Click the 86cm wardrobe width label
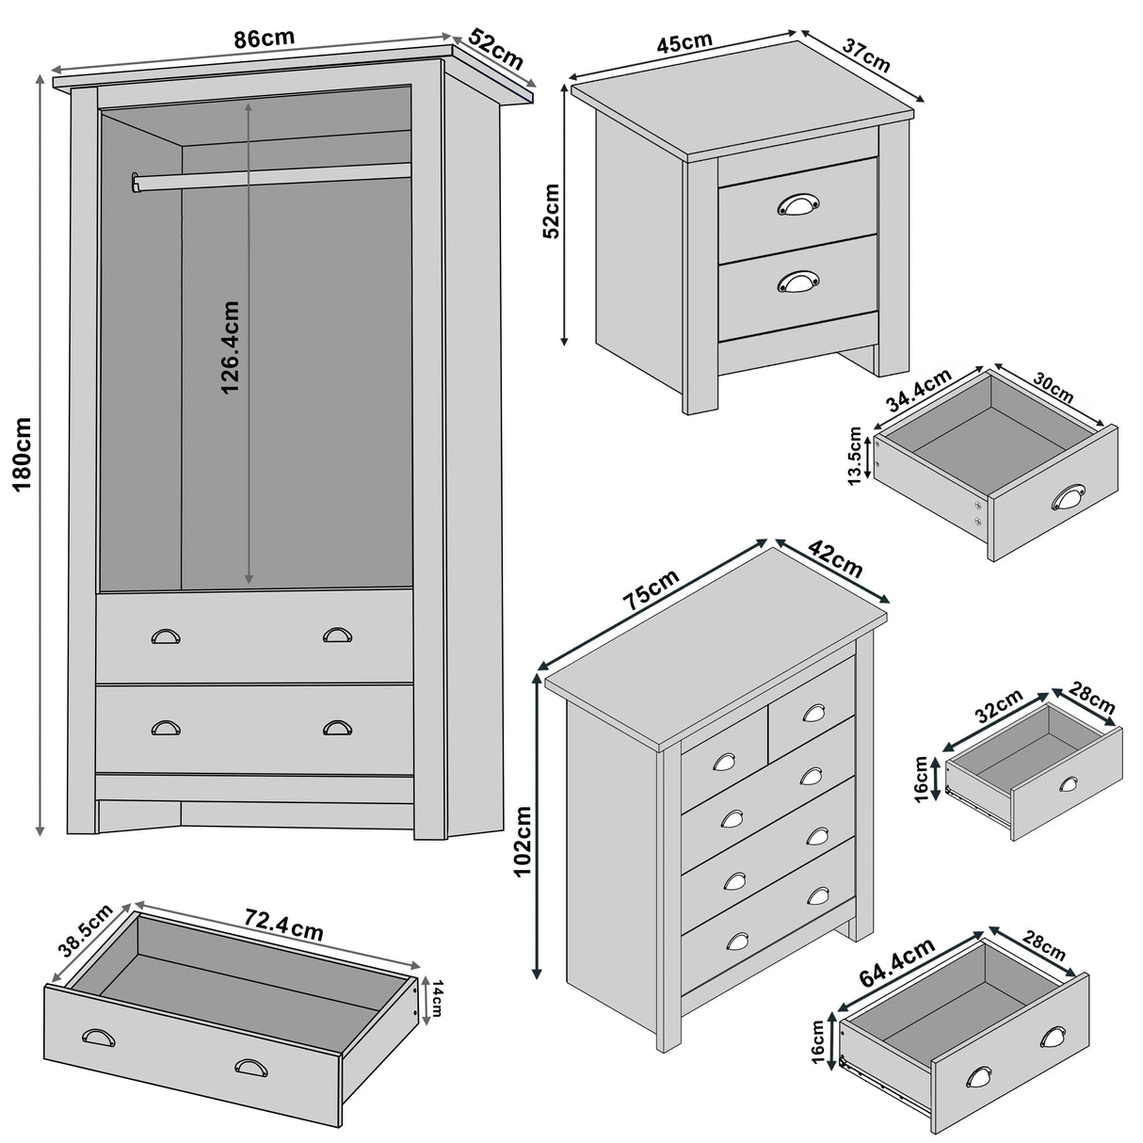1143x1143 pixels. click(x=264, y=39)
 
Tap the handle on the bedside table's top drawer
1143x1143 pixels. click(x=798, y=204)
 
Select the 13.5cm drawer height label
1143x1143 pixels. click(x=854, y=457)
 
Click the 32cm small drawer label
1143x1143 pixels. click(x=997, y=707)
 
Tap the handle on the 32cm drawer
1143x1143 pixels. click(x=1069, y=783)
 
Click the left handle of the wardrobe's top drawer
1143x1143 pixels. click(x=166, y=636)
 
